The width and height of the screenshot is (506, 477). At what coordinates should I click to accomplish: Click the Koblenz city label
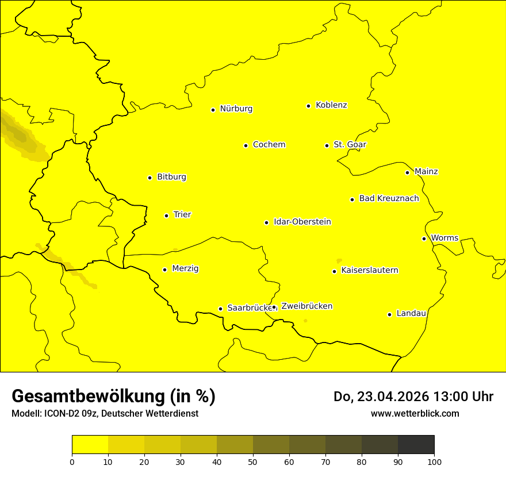331,105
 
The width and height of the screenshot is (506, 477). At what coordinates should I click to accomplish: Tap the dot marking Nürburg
213,110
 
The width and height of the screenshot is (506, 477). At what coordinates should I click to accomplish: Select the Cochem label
269,145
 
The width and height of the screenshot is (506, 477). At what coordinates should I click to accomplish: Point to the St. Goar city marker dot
327,145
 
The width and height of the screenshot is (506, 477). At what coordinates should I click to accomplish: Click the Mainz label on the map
426,172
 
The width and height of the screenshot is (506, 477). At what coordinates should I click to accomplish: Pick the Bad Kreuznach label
389,199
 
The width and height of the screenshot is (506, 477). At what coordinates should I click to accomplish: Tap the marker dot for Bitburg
149,178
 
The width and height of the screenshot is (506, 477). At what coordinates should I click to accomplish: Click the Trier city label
182,215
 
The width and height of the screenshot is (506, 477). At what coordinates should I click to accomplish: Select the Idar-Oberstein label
302,222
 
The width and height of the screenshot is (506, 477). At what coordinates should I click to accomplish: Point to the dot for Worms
424,238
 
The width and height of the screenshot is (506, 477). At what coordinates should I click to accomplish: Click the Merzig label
185,269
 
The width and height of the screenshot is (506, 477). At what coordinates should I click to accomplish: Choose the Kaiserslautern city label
369,271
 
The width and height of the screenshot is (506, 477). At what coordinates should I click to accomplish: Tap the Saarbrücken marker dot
220,309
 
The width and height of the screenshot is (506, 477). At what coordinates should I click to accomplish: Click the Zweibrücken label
306,306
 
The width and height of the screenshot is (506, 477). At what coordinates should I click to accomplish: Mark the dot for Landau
389,314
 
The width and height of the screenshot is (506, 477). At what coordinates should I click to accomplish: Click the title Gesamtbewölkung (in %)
113,397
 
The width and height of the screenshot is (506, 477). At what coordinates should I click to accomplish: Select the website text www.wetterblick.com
415,414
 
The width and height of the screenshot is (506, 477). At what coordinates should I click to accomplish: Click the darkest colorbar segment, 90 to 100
416,444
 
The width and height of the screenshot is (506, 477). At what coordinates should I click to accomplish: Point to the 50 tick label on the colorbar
253,461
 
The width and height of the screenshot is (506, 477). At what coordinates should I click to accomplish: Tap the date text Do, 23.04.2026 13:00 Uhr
413,397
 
